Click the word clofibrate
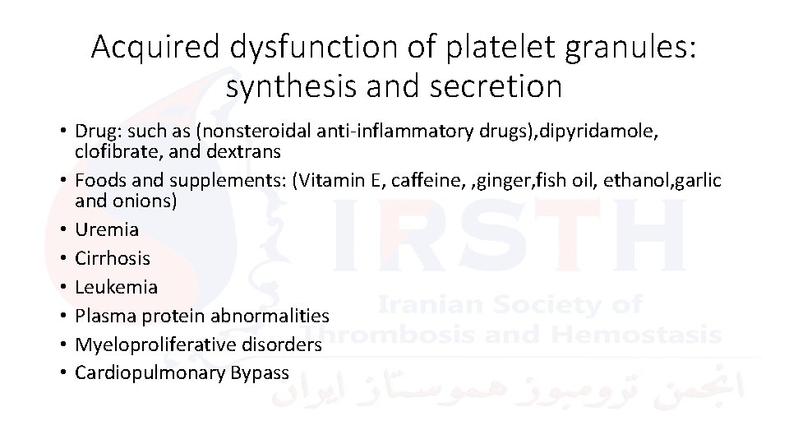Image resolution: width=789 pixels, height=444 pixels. (107, 151)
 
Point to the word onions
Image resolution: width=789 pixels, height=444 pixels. (147, 201)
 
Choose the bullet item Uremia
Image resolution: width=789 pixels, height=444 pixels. (106, 229)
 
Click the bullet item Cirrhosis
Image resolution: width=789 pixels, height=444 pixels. (113, 258)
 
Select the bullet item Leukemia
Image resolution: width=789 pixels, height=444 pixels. (116, 287)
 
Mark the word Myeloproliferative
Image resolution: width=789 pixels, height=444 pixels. (148, 345)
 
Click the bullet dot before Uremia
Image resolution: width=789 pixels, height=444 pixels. (62, 229)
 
